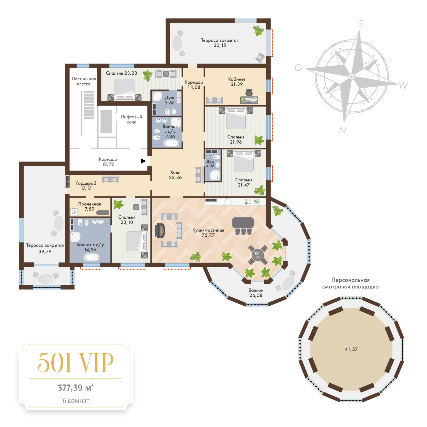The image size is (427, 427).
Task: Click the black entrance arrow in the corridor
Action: pyautogui.click(x=143, y=161)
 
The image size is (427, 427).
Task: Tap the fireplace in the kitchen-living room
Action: pyautogui.click(x=160, y=231)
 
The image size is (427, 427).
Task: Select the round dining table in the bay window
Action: pyautogui.click(x=257, y=255)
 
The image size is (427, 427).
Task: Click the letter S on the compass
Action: pyautogui.click(x=360, y=24)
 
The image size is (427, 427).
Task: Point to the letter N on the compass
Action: pyautogui.click(x=343, y=130)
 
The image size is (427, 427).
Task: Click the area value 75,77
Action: pyautogui.click(x=208, y=235)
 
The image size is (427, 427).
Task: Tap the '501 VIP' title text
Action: pyautogui.click(x=76, y=363)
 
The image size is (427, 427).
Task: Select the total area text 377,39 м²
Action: pyautogui.click(x=76, y=387)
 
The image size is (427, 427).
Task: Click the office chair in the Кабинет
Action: pyautogui.click(x=249, y=92)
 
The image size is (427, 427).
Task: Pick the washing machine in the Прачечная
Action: pyautogui.click(x=74, y=212)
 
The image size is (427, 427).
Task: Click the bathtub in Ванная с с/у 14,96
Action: pyautogui.click(x=91, y=257)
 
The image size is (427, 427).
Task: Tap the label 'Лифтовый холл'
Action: pyautogui.click(x=131, y=119)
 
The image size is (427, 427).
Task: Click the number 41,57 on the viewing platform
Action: pyautogui.click(x=351, y=349)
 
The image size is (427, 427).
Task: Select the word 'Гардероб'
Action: pyautogui.click(x=86, y=183)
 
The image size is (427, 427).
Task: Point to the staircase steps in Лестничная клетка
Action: pyautogui.click(x=89, y=105)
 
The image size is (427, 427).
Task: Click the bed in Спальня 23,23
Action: pyautogui.click(x=124, y=89)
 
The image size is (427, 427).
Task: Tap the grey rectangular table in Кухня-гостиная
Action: pyautogui.click(x=243, y=223)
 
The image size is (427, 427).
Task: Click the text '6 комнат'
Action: pyautogui.click(x=76, y=401)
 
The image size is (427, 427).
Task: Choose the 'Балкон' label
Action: pyautogui.click(x=256, y=290)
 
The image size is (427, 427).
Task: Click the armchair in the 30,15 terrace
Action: pyautogui.click(x=260, y=58)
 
